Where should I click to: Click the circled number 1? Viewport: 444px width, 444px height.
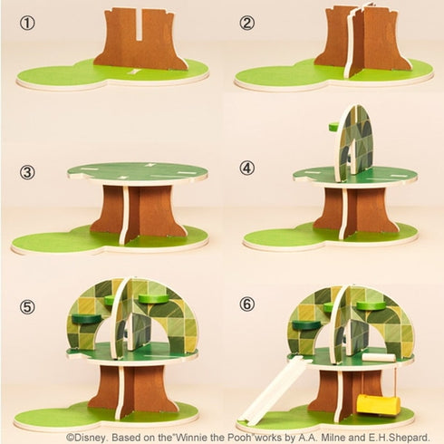pos(27,24)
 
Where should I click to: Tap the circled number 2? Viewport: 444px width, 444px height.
pos(246,24)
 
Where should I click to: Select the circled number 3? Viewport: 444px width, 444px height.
pos(27,172)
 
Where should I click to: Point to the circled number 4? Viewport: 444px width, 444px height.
pos(247,168)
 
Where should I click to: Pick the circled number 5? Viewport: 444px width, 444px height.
pos(27,307)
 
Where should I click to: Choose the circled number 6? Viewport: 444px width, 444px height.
pos(247,304)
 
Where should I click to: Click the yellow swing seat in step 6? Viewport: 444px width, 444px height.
pos(378,405)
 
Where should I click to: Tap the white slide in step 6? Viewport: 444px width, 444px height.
pos(271,390)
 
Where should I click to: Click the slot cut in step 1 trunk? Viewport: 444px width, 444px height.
pos(139,24)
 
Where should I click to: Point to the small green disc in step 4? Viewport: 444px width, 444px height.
pos(334,127)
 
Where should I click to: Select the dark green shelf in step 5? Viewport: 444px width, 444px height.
pos(86,319)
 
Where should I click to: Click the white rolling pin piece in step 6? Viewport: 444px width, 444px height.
pos(379,357)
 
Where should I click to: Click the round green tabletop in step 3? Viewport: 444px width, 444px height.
pos(138,172)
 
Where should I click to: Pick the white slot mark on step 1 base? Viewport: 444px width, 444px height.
pos(134,72)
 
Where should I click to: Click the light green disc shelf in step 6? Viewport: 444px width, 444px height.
pos(372,306)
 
